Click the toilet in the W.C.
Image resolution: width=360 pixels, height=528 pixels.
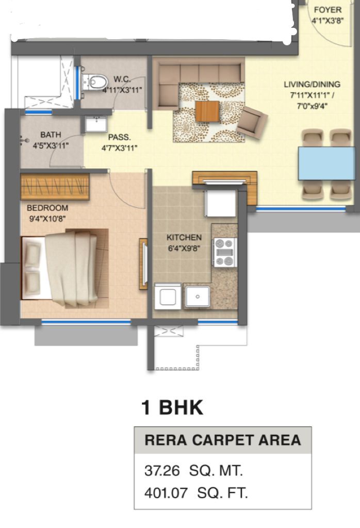click(x=95, y=82)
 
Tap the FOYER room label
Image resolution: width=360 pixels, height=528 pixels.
click(x=328, y=10)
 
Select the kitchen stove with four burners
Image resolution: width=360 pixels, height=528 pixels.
click(x=225, y=252)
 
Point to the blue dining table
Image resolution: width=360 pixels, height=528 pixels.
click(x=326, y=163)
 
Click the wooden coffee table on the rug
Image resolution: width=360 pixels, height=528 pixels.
click(x=207, y=111)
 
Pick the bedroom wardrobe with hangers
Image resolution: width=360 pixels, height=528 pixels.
click(x=55, y=187)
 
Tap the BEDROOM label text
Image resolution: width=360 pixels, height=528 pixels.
click(x=47, y=208)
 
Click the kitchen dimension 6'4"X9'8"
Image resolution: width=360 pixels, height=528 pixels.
click(x=184, y=249)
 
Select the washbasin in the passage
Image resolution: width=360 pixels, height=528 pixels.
click(x=95, y=124)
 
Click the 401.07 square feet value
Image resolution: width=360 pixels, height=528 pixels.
click(x=166, y=493)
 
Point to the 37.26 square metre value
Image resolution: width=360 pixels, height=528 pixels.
click(x=162, y=470)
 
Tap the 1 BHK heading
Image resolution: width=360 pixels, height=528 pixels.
click(x=172, y=407)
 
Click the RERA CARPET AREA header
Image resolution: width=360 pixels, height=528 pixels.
click(x=222, y=440)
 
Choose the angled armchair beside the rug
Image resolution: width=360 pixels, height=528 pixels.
click(x=252, y=122)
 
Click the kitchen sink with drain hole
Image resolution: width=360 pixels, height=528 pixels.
click(x=198, y=296)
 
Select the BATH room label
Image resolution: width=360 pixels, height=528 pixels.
click(x=51, y=135)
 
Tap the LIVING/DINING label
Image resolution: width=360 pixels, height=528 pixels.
click(x=312, y=84)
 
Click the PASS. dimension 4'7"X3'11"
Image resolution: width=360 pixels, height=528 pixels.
click(x=119, y=147)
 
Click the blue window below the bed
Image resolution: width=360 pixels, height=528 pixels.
click(x=86, y=322)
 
